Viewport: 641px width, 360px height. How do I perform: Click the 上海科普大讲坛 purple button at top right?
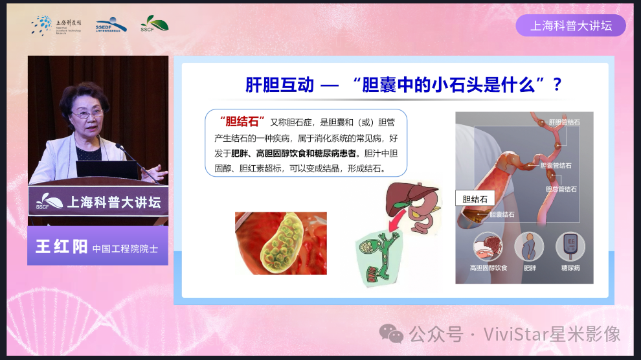click(570, 26)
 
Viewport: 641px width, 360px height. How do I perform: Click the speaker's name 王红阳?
click(62, 247)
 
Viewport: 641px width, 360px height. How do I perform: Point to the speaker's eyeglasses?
click(87, 114)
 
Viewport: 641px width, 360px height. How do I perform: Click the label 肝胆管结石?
click(564, 122)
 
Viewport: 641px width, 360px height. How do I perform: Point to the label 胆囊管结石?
click(556, 166)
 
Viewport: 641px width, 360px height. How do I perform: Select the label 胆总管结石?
click(561, 189)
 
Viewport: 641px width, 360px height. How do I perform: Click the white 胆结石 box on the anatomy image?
click(475, 199)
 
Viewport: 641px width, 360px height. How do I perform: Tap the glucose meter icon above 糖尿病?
click(570, 247)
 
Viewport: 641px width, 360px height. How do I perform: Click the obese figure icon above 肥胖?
click(529, 247)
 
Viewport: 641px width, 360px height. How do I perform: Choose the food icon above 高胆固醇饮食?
click(488, 247)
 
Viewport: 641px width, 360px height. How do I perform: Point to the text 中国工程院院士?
click(125, 248)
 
